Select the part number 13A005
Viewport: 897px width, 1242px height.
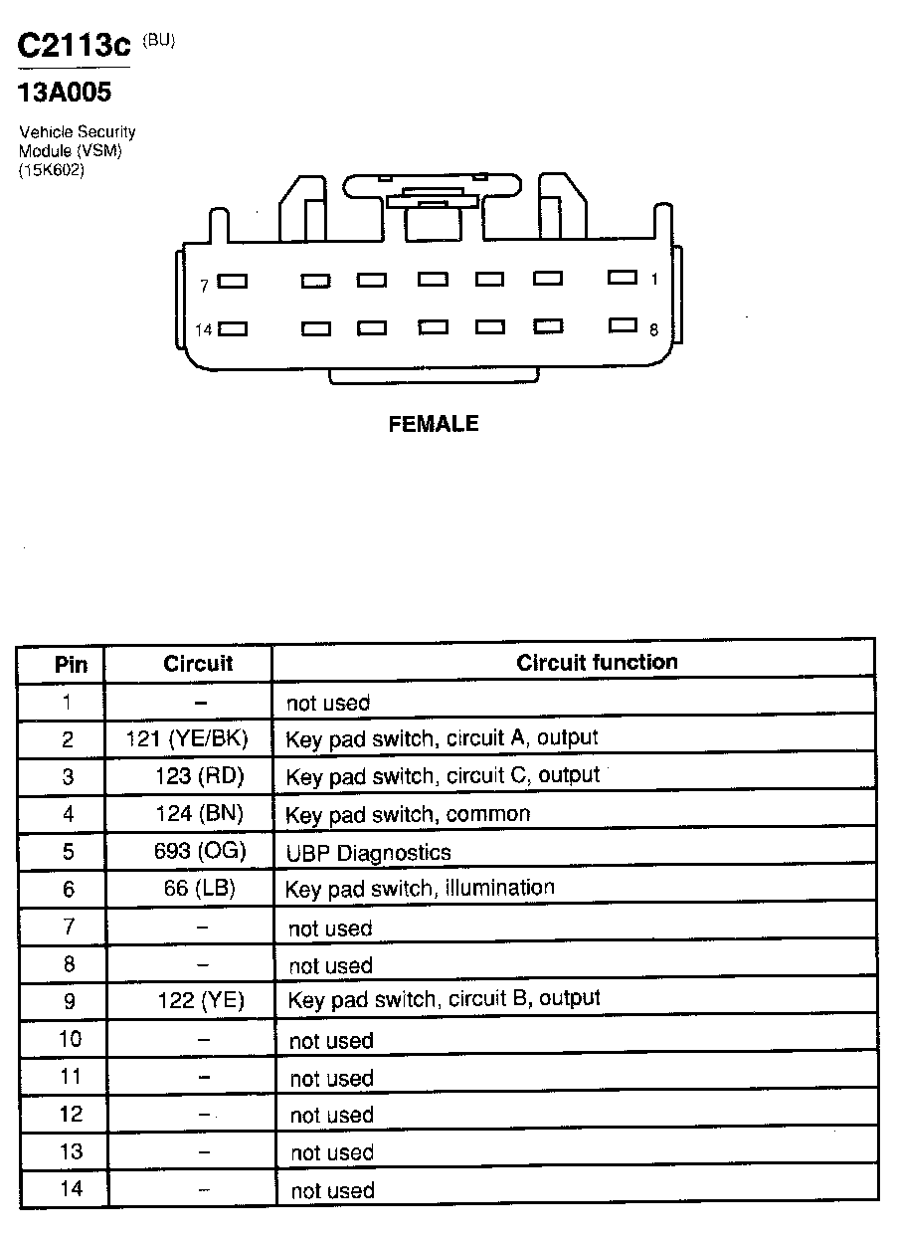[x=65, y=93]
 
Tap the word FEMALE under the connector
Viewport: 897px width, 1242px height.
[x=433, y=424]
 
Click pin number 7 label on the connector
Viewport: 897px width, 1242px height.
[x=204, y=286]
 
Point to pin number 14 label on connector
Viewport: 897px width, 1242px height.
[x=203, y=330]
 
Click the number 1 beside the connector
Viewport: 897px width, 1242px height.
[x=654, y=280]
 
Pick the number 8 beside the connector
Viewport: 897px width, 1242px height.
[x=654, y=330]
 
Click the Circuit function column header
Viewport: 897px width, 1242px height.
[x=597, y=662]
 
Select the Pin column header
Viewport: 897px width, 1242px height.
[x=71, y=665]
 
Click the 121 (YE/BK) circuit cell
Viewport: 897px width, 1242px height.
[x=187, y=738]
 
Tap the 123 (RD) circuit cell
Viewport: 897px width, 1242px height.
[x=199, y=775]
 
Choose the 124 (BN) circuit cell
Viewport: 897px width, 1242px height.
[x=199, y=813]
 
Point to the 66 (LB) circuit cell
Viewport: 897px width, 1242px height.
[x=200, y=888]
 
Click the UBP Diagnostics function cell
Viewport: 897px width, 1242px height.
[x=368, y=853]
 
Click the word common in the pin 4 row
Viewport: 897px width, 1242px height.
[x=488, y=814]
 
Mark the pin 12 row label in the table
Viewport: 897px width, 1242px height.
[x=71, y=1114]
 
